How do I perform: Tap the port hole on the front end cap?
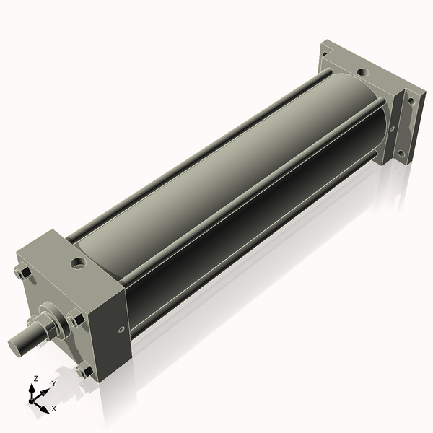pos(79,263)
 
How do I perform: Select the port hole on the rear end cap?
pos(363,72)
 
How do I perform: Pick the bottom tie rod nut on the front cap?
pos(85,370)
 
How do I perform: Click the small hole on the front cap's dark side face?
pos(121,329)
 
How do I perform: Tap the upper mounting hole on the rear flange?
pos(411,101)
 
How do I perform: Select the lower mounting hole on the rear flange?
pos(401,154)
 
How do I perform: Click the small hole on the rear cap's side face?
pos(392,128)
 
